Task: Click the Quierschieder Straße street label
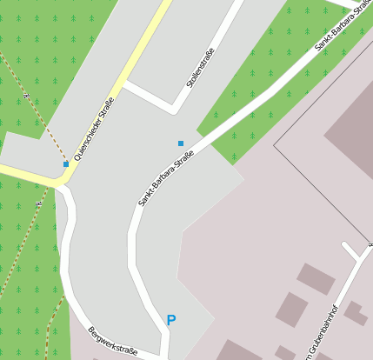coord(95,129)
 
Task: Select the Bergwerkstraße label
coord(112,342)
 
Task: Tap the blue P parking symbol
coord(170,321)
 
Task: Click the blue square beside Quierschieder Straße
coord(66,163)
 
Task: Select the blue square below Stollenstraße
coord(181,143)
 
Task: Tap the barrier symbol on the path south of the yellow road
coord(38,203)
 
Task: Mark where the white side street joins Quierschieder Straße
coord(125,85)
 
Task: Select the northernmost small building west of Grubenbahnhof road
coord(315,278)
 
